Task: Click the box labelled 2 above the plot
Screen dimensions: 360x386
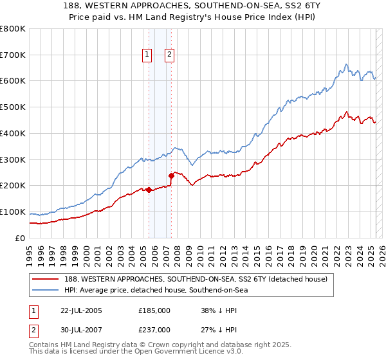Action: click(169, 55)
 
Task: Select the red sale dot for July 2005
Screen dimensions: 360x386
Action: click(149, 190)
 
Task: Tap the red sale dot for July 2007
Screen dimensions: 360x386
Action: click(171, 175)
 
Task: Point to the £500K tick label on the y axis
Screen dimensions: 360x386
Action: click(13, 107)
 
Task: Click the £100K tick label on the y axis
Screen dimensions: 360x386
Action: click(13, 212)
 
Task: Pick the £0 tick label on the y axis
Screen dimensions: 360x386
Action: click(21, 239)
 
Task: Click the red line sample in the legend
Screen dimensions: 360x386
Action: click(46, 279)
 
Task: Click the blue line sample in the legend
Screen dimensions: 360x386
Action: click(46, 290)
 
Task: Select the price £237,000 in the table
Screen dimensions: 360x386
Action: click(154, 330)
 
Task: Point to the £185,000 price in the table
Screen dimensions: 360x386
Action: click(154, 310)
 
